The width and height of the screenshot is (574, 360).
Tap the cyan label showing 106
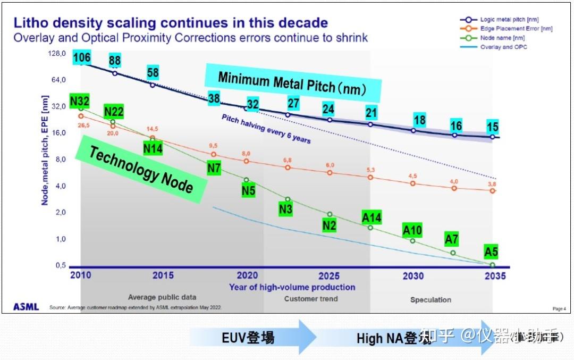81,58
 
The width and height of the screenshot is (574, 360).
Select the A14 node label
372,217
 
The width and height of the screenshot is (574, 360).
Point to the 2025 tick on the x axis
329,276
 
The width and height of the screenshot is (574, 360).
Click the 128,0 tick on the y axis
57,54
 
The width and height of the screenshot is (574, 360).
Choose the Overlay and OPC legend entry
503,47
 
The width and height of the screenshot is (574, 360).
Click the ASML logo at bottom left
26,307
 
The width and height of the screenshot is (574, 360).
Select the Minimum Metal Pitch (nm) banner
292,85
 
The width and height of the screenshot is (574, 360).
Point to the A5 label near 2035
491,251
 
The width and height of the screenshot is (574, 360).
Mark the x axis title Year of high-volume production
292,287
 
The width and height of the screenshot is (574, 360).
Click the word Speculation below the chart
430,299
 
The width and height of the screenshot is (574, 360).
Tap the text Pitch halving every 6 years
266,129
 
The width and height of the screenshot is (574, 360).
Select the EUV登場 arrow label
248,337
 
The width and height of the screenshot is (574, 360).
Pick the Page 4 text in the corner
559,308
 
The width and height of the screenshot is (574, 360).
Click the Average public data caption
162,297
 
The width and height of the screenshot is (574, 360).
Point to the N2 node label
329,225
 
